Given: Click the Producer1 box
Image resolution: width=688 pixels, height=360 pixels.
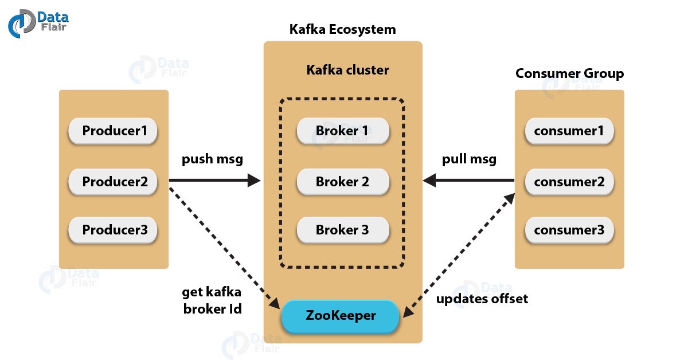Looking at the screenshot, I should (x=114, y=131).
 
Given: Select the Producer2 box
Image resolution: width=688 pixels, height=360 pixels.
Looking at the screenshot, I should (x=114, y=182).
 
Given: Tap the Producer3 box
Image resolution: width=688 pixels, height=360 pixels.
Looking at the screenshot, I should (x=114, y=230).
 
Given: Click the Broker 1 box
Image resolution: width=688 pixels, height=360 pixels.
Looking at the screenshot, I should (x=342, y=131).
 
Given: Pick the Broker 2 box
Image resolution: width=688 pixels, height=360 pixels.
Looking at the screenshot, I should (x=342, y=182).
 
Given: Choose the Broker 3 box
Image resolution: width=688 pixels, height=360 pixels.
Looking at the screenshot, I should (x=342, y=230).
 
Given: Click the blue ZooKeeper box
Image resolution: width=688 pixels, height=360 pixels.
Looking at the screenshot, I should (x=340, y=316).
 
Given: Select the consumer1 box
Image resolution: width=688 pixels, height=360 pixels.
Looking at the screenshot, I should (x=569, y=131).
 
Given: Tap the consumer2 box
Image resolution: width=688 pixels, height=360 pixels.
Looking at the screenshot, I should (x=569, y=182).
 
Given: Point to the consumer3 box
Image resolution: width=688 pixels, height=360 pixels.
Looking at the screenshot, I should (x=569, y=230).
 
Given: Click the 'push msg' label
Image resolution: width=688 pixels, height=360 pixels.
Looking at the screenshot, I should (x=212, y=159).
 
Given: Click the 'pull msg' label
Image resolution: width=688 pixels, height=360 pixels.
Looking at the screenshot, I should (x=469, y=159).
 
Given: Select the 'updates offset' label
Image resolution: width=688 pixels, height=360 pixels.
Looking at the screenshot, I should (x=482, y=299).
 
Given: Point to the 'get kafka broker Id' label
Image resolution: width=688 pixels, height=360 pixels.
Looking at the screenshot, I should (x=212, y=300).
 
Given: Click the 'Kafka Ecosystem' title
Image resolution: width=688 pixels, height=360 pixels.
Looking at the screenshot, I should (x=342, y=29).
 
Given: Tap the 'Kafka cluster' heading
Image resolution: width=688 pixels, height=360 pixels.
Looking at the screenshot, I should (x=347, y=70).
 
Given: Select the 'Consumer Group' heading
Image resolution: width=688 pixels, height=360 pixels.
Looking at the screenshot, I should (x=569, y=73).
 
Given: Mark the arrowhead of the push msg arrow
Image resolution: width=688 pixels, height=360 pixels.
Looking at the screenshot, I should (x=254, y=181).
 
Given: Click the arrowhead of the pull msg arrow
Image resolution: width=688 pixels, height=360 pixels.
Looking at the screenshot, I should (x=430, y=181).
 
